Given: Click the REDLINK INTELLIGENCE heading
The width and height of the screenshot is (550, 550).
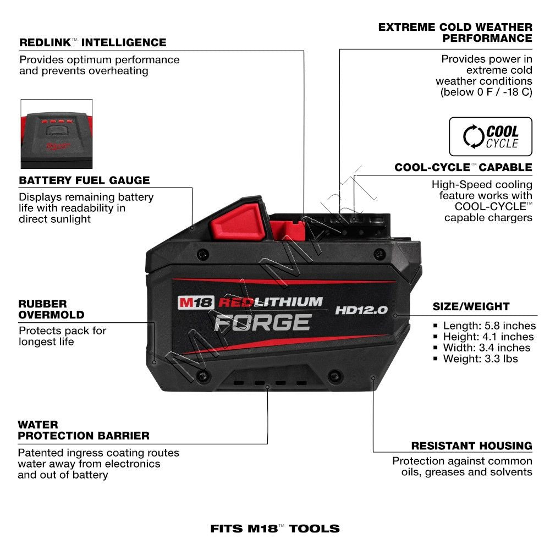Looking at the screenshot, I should (x=92, y=42).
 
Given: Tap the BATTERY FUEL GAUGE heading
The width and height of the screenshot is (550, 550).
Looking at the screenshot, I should (x=84, y=180).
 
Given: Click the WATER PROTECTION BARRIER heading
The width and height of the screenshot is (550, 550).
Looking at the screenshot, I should (x=84, y=430).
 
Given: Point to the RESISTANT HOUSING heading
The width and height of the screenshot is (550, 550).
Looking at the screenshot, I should (x=471, y=446).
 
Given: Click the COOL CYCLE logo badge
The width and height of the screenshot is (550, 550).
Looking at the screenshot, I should (x=491, y=136).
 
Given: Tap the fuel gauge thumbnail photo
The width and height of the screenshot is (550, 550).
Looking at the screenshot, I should (x=57, y=134).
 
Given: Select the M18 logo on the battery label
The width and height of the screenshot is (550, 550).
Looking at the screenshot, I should (x=195, y=302).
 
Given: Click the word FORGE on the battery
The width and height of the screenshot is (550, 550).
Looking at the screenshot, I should (x=262, y=322).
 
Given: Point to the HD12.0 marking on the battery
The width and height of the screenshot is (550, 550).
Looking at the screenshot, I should (x=361, y=310).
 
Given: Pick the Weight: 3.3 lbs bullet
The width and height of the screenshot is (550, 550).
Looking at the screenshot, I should (x=480, y=359).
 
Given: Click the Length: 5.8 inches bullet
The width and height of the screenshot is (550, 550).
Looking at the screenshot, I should (x=487, y=326).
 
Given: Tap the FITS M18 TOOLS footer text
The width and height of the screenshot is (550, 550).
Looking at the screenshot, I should (x=275, y=529).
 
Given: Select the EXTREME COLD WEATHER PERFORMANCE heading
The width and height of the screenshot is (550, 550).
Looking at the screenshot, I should (x=455, y=32).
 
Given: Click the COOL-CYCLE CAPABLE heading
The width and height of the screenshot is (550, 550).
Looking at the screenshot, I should (x=463, y=167).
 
